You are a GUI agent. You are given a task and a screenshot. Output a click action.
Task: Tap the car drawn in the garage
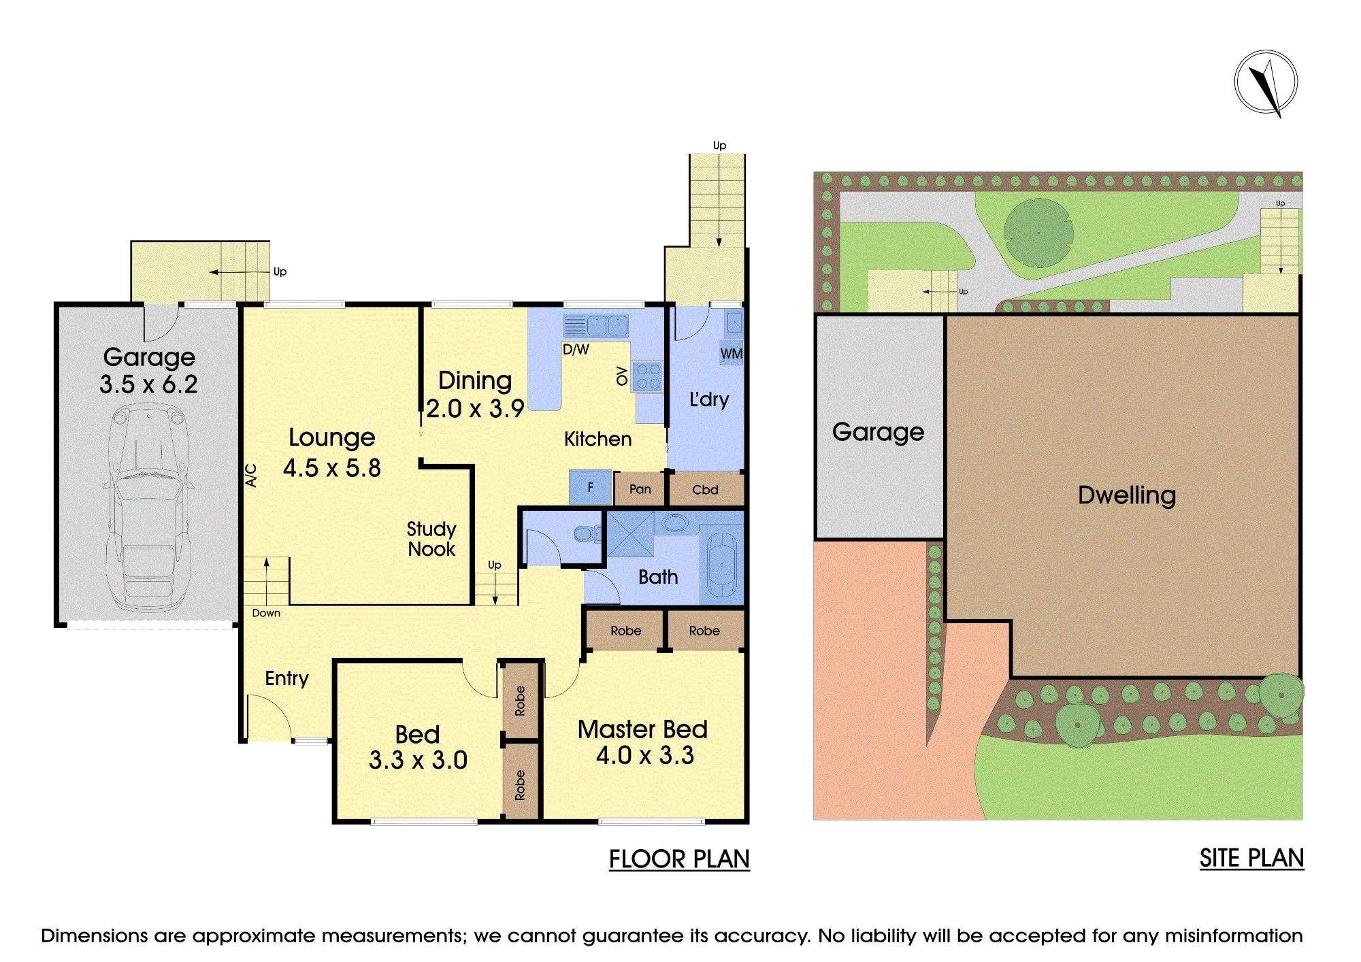[x=148, y=507]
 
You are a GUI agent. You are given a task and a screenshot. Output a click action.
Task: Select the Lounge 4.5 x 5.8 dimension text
[x=332, y=468]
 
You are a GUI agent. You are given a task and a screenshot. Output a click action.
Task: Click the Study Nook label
[x=431, y=539]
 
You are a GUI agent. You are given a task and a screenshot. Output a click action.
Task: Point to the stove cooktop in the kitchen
[x=648, y=377]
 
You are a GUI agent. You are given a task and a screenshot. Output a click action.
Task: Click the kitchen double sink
[x=596, y=326]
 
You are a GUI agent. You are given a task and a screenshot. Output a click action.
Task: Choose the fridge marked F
[x=590, y=487]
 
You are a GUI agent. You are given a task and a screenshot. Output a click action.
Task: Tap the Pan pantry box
[x=640, y=489]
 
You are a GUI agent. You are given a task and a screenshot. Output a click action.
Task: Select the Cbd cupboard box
[x=706, y=490]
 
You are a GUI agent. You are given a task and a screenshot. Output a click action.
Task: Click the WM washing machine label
[x=732, y=354]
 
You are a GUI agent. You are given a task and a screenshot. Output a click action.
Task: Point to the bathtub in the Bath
[x=721, y=565]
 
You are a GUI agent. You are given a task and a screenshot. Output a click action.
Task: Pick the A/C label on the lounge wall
[x=251, y=475]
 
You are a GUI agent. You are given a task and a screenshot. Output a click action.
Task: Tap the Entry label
[x=286, y=678]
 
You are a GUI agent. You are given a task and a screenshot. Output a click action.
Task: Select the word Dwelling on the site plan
[x=1127, y=495]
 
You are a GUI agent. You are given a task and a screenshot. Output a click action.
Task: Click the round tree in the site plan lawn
[x=1038, y=233]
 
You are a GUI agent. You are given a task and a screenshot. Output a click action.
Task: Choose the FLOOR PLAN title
[x=679, y=859]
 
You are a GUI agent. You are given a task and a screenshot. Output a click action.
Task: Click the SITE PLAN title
[x=1251, y=859]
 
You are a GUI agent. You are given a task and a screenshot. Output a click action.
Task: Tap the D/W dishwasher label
[x=576, y=350]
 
